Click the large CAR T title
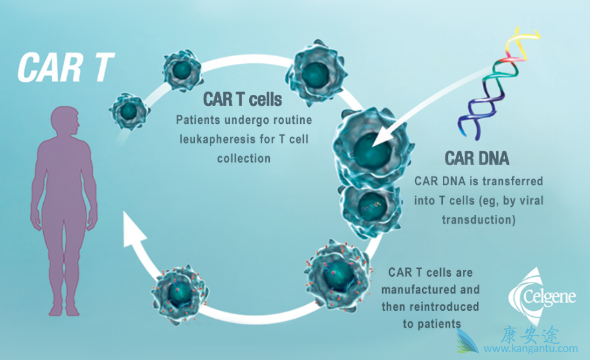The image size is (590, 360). pyautogui.click(x=65, y=66)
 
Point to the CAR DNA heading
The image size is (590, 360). pyautogui.click(x=477, y=158)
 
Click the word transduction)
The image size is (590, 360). pyautogui.click(x=478, y=219)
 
